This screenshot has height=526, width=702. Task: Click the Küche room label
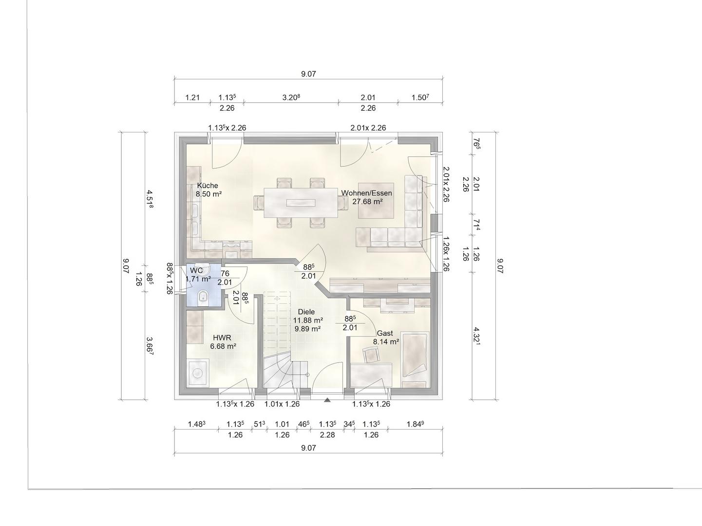(x=208, y=186)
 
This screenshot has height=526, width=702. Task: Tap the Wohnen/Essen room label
(x=366, y=193)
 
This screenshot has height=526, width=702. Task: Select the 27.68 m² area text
(x=367, y=202)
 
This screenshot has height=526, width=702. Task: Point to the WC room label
(x=196, y=270)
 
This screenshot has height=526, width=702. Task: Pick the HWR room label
(x=222, y=338)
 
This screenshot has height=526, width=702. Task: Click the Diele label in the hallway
(x=306, y=312)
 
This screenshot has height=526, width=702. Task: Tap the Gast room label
(x=385, y=333)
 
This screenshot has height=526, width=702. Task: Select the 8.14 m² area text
(x=386, y=341)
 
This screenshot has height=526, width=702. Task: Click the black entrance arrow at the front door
(x=327, y=400)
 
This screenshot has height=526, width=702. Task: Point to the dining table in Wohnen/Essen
(x=301, y=203)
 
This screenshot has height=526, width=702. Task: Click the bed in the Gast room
(x=415, y=355)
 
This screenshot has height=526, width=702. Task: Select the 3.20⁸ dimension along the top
(x=291, y=97)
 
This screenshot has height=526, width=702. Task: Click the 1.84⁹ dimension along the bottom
(x=415, y=424)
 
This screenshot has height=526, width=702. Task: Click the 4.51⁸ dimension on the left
(x=150, y=199)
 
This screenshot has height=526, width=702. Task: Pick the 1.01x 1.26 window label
(x=282, y=404)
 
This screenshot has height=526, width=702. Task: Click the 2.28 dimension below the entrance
(x=327, y=435)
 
